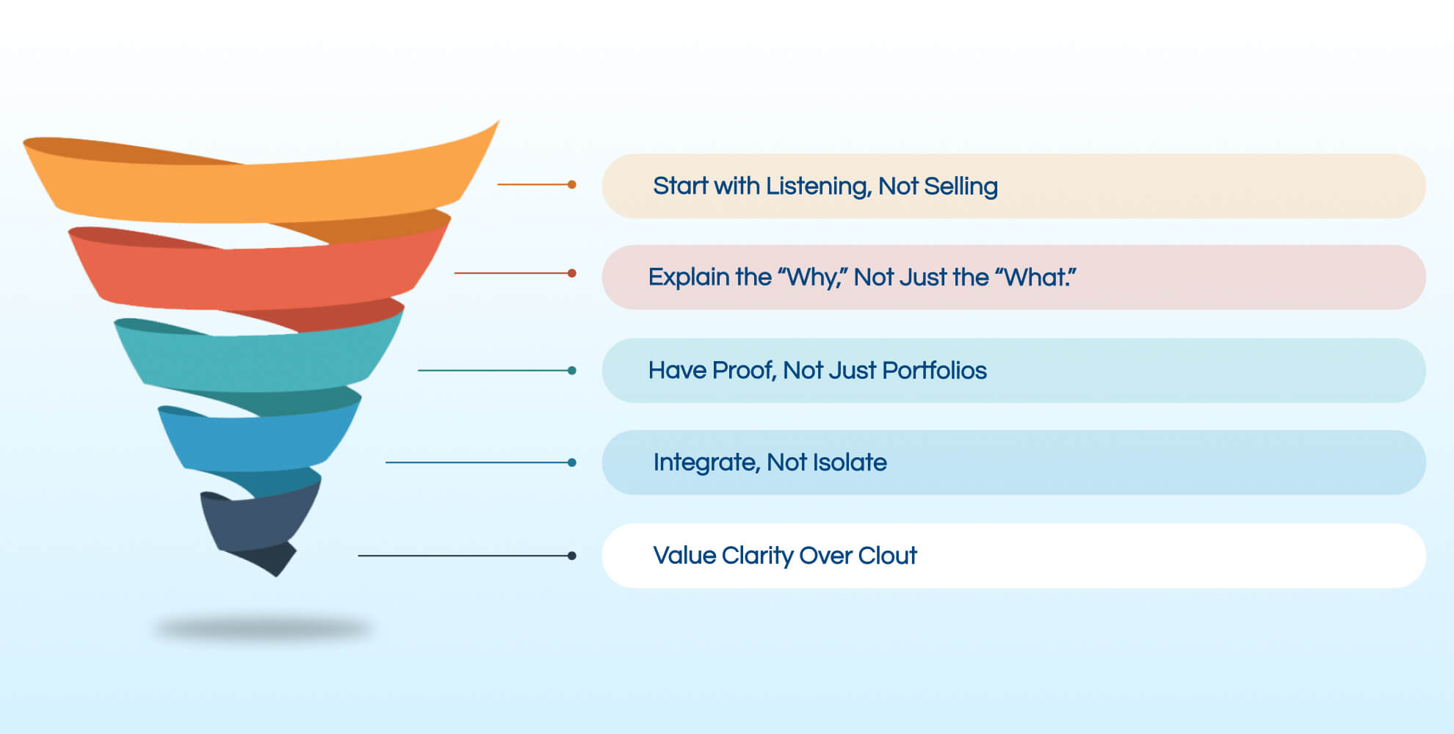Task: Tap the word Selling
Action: (x=961, y=186)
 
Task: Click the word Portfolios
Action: (x=934, y=371)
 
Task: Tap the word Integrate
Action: (x=706, y=462)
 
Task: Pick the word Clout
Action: (x=887, y=556)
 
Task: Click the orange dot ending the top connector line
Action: (x=572, y=184)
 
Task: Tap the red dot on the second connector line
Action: (x=572, y=273)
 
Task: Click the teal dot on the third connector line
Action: (x=572, y=371)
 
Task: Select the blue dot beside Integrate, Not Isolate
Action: (x=572, y=462)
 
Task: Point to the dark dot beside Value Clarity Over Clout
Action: (x=572, y=556)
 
